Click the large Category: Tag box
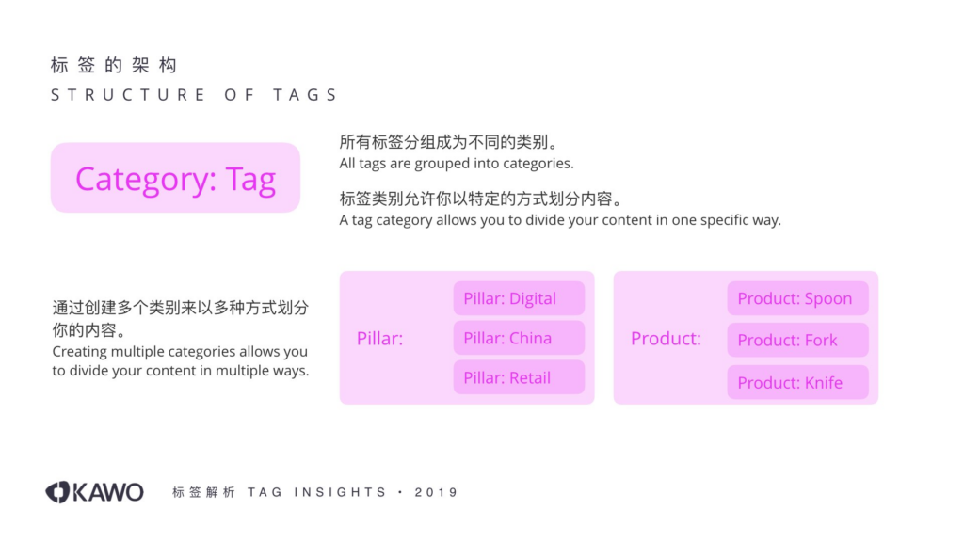pyautogui.click(x=175, y=178)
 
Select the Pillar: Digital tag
pyautogui.click(x=519, y=298)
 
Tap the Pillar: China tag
pyautogui.click(x=519, y=338)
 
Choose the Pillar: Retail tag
pyautogui.click(x=519, y=377)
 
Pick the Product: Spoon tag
pyautogui.click(x=797, y=298)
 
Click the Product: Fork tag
pyautogui.click(x=797, y=340)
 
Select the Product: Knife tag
pyautogui.click(x=797, y=382)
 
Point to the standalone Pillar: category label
pyautogui.click(x=380, y=338)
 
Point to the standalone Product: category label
pyautogui.click(x=666, y=338)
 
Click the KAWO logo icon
pyautogui.click(x=58, y=492)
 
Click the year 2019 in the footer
pyautogui.click(x=436, y=492)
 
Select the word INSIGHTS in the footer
pyautogui.click(x=340, y=492)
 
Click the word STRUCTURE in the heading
pyautogui.click(x=128, y=95)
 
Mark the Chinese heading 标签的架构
pyautogui.click(x=114, y=65)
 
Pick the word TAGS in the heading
pyautogui.click(x=306, y=95)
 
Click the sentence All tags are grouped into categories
pyautogui.click(x=457, y=164)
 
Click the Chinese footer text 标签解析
pyautogui.click(x=203, y=492)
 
